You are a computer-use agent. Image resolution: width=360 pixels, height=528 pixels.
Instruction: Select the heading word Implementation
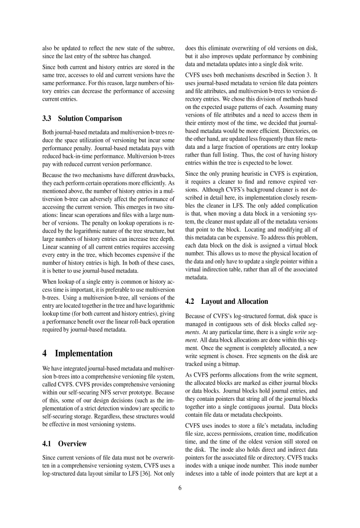tap(84, 353)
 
